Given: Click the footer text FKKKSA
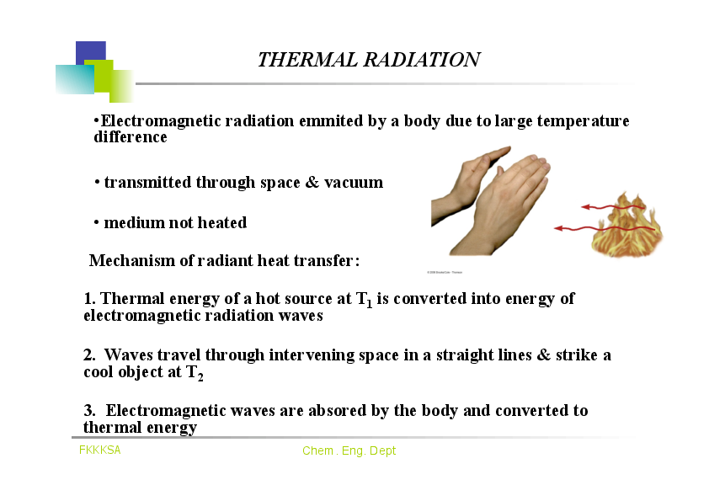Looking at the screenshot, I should (100, 450).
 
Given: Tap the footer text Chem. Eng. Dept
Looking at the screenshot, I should (349, 451).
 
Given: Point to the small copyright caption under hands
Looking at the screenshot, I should (445, 272).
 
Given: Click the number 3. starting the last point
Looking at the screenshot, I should (89, 411).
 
